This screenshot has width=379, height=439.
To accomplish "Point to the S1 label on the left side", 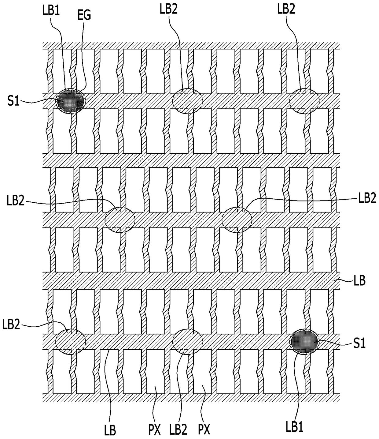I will (14, 102).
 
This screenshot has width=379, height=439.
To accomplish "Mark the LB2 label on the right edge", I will (367, 198).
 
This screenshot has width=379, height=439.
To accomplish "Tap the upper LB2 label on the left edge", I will (15, 202).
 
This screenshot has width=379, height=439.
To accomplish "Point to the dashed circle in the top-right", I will (304, 101).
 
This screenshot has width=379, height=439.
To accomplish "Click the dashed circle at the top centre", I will (187, 101).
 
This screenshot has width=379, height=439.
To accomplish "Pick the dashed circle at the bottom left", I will (71, 341).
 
